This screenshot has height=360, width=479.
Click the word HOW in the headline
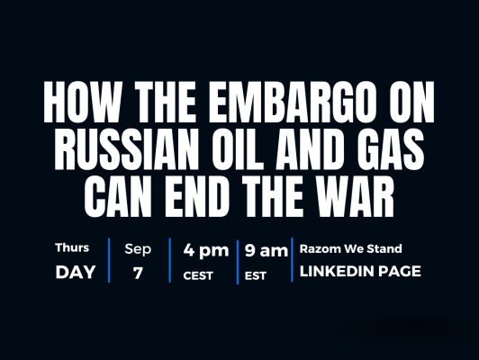(81, 102)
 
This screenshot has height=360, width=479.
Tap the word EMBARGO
(292, 102)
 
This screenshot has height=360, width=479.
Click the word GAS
(390, 149)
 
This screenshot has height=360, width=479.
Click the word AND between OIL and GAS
(309, 149)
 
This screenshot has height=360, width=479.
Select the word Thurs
(72, 247)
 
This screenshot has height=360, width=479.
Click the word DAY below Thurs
(76, 272)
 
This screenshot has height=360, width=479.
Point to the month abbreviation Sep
(138, 249)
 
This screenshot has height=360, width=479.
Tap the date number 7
(138, 273)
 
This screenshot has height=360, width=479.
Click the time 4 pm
(206, 250)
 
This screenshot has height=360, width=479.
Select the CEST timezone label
(198, 275)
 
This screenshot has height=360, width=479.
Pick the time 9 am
(267, 250)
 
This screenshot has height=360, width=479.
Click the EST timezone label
(256, 276)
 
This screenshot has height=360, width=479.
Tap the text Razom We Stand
(351, 249)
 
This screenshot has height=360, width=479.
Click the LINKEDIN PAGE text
(360, 271)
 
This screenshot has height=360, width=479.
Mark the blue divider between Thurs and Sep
(109, 260)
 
